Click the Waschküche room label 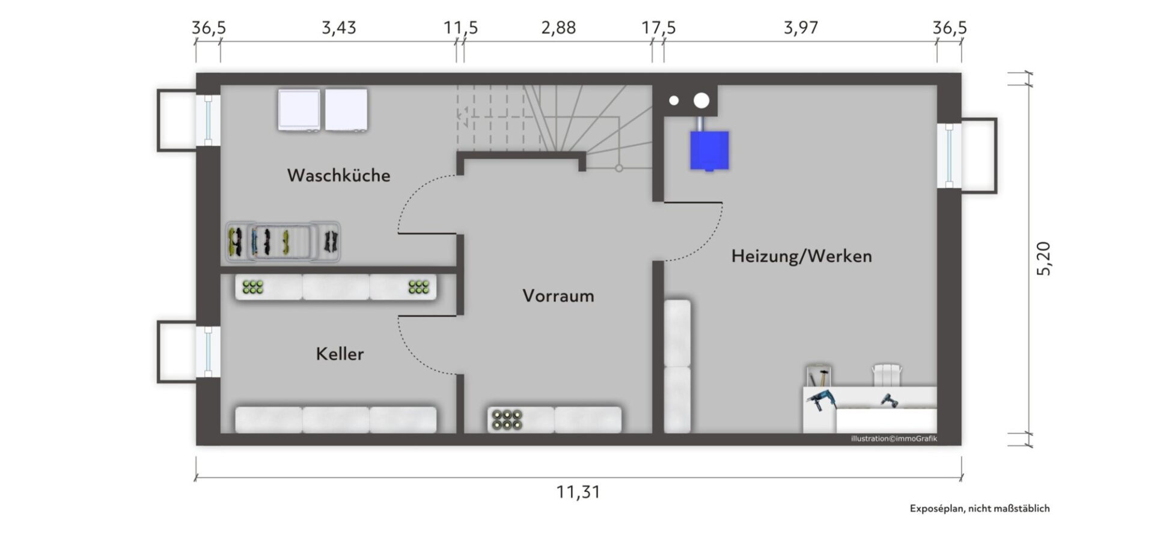tap(338, 176)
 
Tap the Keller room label tap(340, 353)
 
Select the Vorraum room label tap(558, 296)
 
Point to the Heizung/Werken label tap(801, 256)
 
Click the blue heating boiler tap(709, 150)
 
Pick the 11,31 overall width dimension tap(578, 492)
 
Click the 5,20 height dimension tap(1043, 258)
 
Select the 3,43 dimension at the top tap(339, 28)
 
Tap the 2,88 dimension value tap(558, 28)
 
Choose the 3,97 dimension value tap(801, 28)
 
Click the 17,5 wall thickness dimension tap(659, 28)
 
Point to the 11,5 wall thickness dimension tap(461, 28)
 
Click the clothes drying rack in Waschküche tap(283, 242)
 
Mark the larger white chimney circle tap(701, 100)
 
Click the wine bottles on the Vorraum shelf tap(507, 420)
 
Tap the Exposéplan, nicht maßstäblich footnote tap(980, 509)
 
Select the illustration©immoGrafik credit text tap(894, 439)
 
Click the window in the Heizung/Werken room tap(949, 155)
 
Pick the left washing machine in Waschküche tap(299, 110)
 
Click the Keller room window tap(209, 352)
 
